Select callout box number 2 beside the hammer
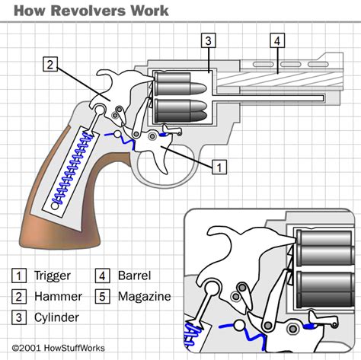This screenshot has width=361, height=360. point(50,65)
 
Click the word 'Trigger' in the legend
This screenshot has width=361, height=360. point(51,276)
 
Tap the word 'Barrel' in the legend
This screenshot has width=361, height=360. point(134,276)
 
